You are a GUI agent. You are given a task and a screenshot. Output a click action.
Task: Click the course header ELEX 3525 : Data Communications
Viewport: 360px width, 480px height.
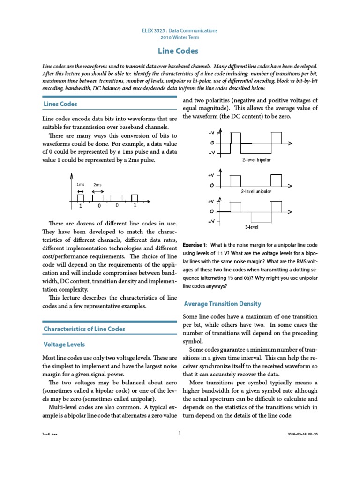180,30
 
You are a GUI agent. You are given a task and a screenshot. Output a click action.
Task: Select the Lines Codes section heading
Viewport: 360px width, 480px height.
60,104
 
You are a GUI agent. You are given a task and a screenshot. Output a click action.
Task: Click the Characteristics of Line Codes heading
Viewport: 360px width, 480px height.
84,329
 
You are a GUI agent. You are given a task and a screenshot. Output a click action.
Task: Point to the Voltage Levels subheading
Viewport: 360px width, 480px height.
64,345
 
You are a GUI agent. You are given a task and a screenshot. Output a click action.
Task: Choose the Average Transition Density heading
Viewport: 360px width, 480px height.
223,304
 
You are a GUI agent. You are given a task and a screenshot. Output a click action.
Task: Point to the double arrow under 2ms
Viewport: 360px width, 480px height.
97,192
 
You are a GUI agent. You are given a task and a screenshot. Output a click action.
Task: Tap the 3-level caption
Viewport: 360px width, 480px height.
252,227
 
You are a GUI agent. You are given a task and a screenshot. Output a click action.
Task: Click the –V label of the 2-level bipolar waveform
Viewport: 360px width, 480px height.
212,153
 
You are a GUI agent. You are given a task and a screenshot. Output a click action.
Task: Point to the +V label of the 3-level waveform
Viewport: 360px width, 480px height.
211,201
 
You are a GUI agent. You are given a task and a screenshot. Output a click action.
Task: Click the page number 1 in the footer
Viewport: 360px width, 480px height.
180,434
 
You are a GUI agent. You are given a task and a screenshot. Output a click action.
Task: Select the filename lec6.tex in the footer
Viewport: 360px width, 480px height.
49,434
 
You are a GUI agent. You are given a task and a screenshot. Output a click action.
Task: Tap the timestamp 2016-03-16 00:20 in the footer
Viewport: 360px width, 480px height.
302,434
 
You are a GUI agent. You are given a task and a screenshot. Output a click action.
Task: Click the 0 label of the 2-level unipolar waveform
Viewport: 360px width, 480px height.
212,186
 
